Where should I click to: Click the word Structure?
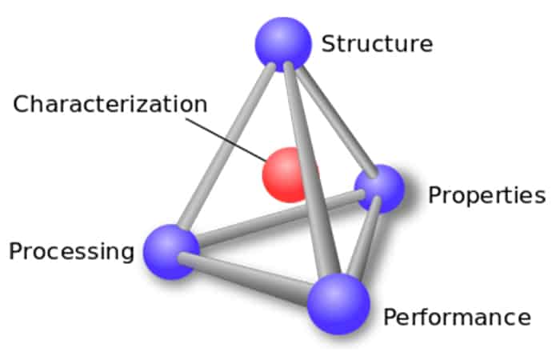[377, 43]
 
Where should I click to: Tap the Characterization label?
[110, 104]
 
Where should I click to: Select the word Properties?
[486, 196]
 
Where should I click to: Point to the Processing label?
[71, 252]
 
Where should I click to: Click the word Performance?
[457, 317]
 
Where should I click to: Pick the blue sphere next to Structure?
[283, 44]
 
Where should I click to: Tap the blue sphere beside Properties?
[379, 189]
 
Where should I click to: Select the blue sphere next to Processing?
[171, 251]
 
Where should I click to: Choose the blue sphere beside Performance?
[338, 304]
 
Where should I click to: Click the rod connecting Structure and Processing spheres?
[226, 146]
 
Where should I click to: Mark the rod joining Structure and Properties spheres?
[337, 122]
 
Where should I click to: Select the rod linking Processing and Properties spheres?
[280, 218]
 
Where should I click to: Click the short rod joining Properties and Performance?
[364, 238]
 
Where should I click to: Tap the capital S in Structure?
[329, 43]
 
